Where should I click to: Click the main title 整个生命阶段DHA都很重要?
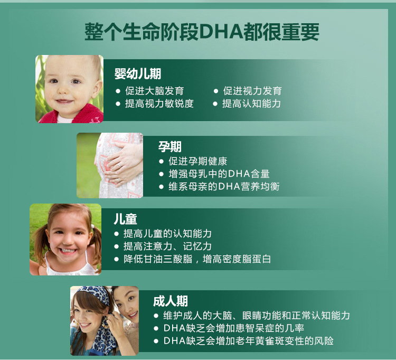[x=202, y=32]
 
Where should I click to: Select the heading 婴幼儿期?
[x=138, y=73]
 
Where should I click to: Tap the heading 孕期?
[x=169, y=146]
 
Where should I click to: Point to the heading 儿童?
[x=125, y=219]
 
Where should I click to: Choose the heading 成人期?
[x=171, y=301]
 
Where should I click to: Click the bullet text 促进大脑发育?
[x=154, y=91]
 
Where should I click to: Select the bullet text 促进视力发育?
[x=252, y=91]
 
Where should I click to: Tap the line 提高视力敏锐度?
[x=159, y=104]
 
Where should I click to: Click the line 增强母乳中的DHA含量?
[x=219, y=174]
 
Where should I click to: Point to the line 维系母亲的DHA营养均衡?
[x=224, y=187]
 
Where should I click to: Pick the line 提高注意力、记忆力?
[x=167, y=246]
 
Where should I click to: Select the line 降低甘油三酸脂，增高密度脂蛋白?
[x=197, y=259]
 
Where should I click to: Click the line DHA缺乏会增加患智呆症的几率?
[x=233, y=328]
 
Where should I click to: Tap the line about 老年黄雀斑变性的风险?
[x=249, y=341]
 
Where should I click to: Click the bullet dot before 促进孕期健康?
[x=162, y=161]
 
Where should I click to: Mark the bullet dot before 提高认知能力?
[x=215, y=104]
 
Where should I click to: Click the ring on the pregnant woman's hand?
[x=119, y=165]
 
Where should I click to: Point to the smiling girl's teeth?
[x=68, y=251]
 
